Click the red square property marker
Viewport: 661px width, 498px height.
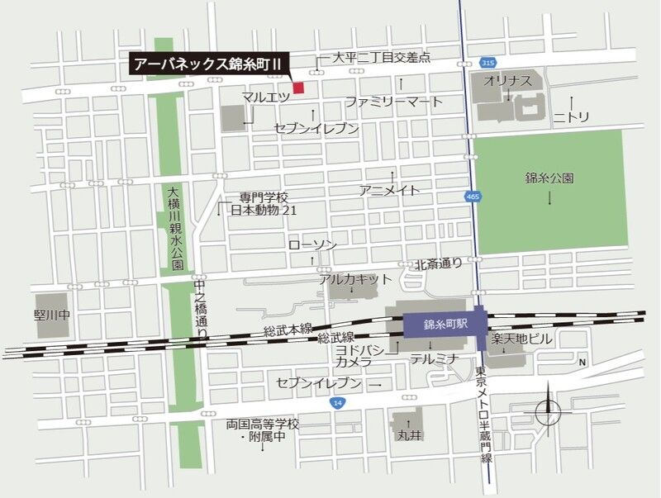pyautogui.click(x=298, y=87)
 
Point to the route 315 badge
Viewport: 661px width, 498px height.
pyautogui.click(x=489, y=63)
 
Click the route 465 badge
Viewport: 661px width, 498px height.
pyautogui.click(x=472, y=197)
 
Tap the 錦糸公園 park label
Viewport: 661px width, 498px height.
pyautogui.click(x=549, y=178)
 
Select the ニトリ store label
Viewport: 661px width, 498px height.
pyautogui.click(x=571, y=118)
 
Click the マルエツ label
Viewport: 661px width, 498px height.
pyautogui.click(x=265, y=97)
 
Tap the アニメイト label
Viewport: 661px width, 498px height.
pyautogui.click(x=389, y=190)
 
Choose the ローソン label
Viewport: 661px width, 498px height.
pyautogui.click(x=312, y=245)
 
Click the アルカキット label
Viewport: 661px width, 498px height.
pyautogui.click(x=355, y=279)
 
